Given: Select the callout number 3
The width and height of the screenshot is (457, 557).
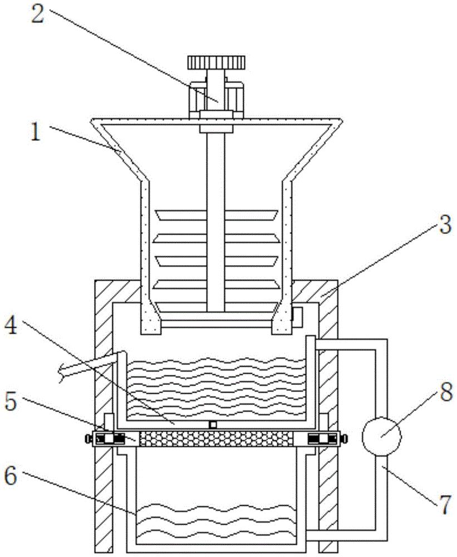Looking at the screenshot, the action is pos(445,224).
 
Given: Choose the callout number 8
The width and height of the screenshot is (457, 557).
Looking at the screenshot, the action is pos(445,392).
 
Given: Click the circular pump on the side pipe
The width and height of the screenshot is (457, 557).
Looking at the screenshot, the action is pos(381,437).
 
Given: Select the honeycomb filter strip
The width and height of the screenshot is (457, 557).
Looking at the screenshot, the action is pos(217,439).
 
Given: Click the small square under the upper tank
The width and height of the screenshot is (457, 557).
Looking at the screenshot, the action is pos(213,424).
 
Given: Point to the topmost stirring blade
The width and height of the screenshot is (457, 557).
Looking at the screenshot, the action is pos(217,215).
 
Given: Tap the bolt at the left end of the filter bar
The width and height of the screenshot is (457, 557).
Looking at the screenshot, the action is pos(87,439).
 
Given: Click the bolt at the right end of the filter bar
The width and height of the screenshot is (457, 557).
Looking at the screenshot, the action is pos(345,439).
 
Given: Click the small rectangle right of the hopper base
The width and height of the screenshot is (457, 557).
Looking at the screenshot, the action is pos(297,317).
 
